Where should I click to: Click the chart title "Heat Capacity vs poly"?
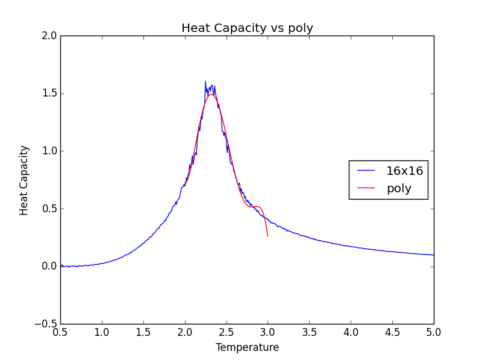coord(247,28)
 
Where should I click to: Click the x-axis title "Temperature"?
coord(247,347)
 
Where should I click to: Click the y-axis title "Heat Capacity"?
coord(24,180)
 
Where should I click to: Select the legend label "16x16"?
coord(404,171)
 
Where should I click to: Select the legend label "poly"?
coord(399,188)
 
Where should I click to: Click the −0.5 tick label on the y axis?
coord(46,324)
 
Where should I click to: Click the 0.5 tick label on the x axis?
coord(60,332)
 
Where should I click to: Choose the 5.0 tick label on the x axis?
coord(434,332)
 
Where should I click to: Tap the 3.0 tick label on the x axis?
coord(268,332)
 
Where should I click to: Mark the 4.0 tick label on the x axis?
coord(351,332)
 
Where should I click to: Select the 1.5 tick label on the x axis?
coord(143,332)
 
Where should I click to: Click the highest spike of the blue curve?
coord(205,81)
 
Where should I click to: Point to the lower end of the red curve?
coord(268,236)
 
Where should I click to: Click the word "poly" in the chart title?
coord(302,29)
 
